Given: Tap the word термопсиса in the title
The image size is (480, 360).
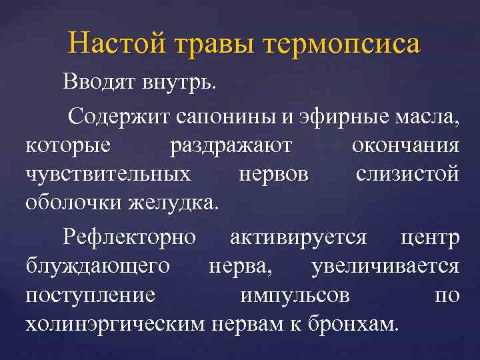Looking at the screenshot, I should pyautogui.click(x=343, y=45).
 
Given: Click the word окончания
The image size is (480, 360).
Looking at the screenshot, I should pyautogui.click(x=405, y=147).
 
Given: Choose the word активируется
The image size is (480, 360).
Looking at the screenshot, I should pyautogui.click(x=297, y=238).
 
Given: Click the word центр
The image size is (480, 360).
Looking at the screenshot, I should pyautogui.click(x=430, y=238).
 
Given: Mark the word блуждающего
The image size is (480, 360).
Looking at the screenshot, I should pyautogui.click(x=97, y=267).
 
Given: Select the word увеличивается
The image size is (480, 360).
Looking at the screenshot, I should pyautogui.click(x=385, y=267).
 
